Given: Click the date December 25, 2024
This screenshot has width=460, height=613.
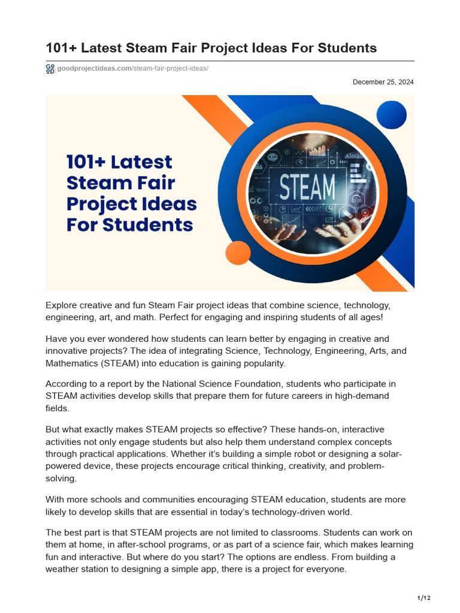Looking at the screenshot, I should (x=383, y=82).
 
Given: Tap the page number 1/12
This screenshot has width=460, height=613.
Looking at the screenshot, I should (x=423, y=598).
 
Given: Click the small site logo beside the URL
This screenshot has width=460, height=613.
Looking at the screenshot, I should (x=50, y=69).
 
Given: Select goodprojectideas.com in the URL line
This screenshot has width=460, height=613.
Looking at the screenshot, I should (x=94, y=69).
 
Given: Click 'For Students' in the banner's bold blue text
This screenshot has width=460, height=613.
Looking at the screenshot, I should (x=129, y=226).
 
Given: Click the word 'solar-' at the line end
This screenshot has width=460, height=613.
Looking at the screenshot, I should (x=391, y=453).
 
